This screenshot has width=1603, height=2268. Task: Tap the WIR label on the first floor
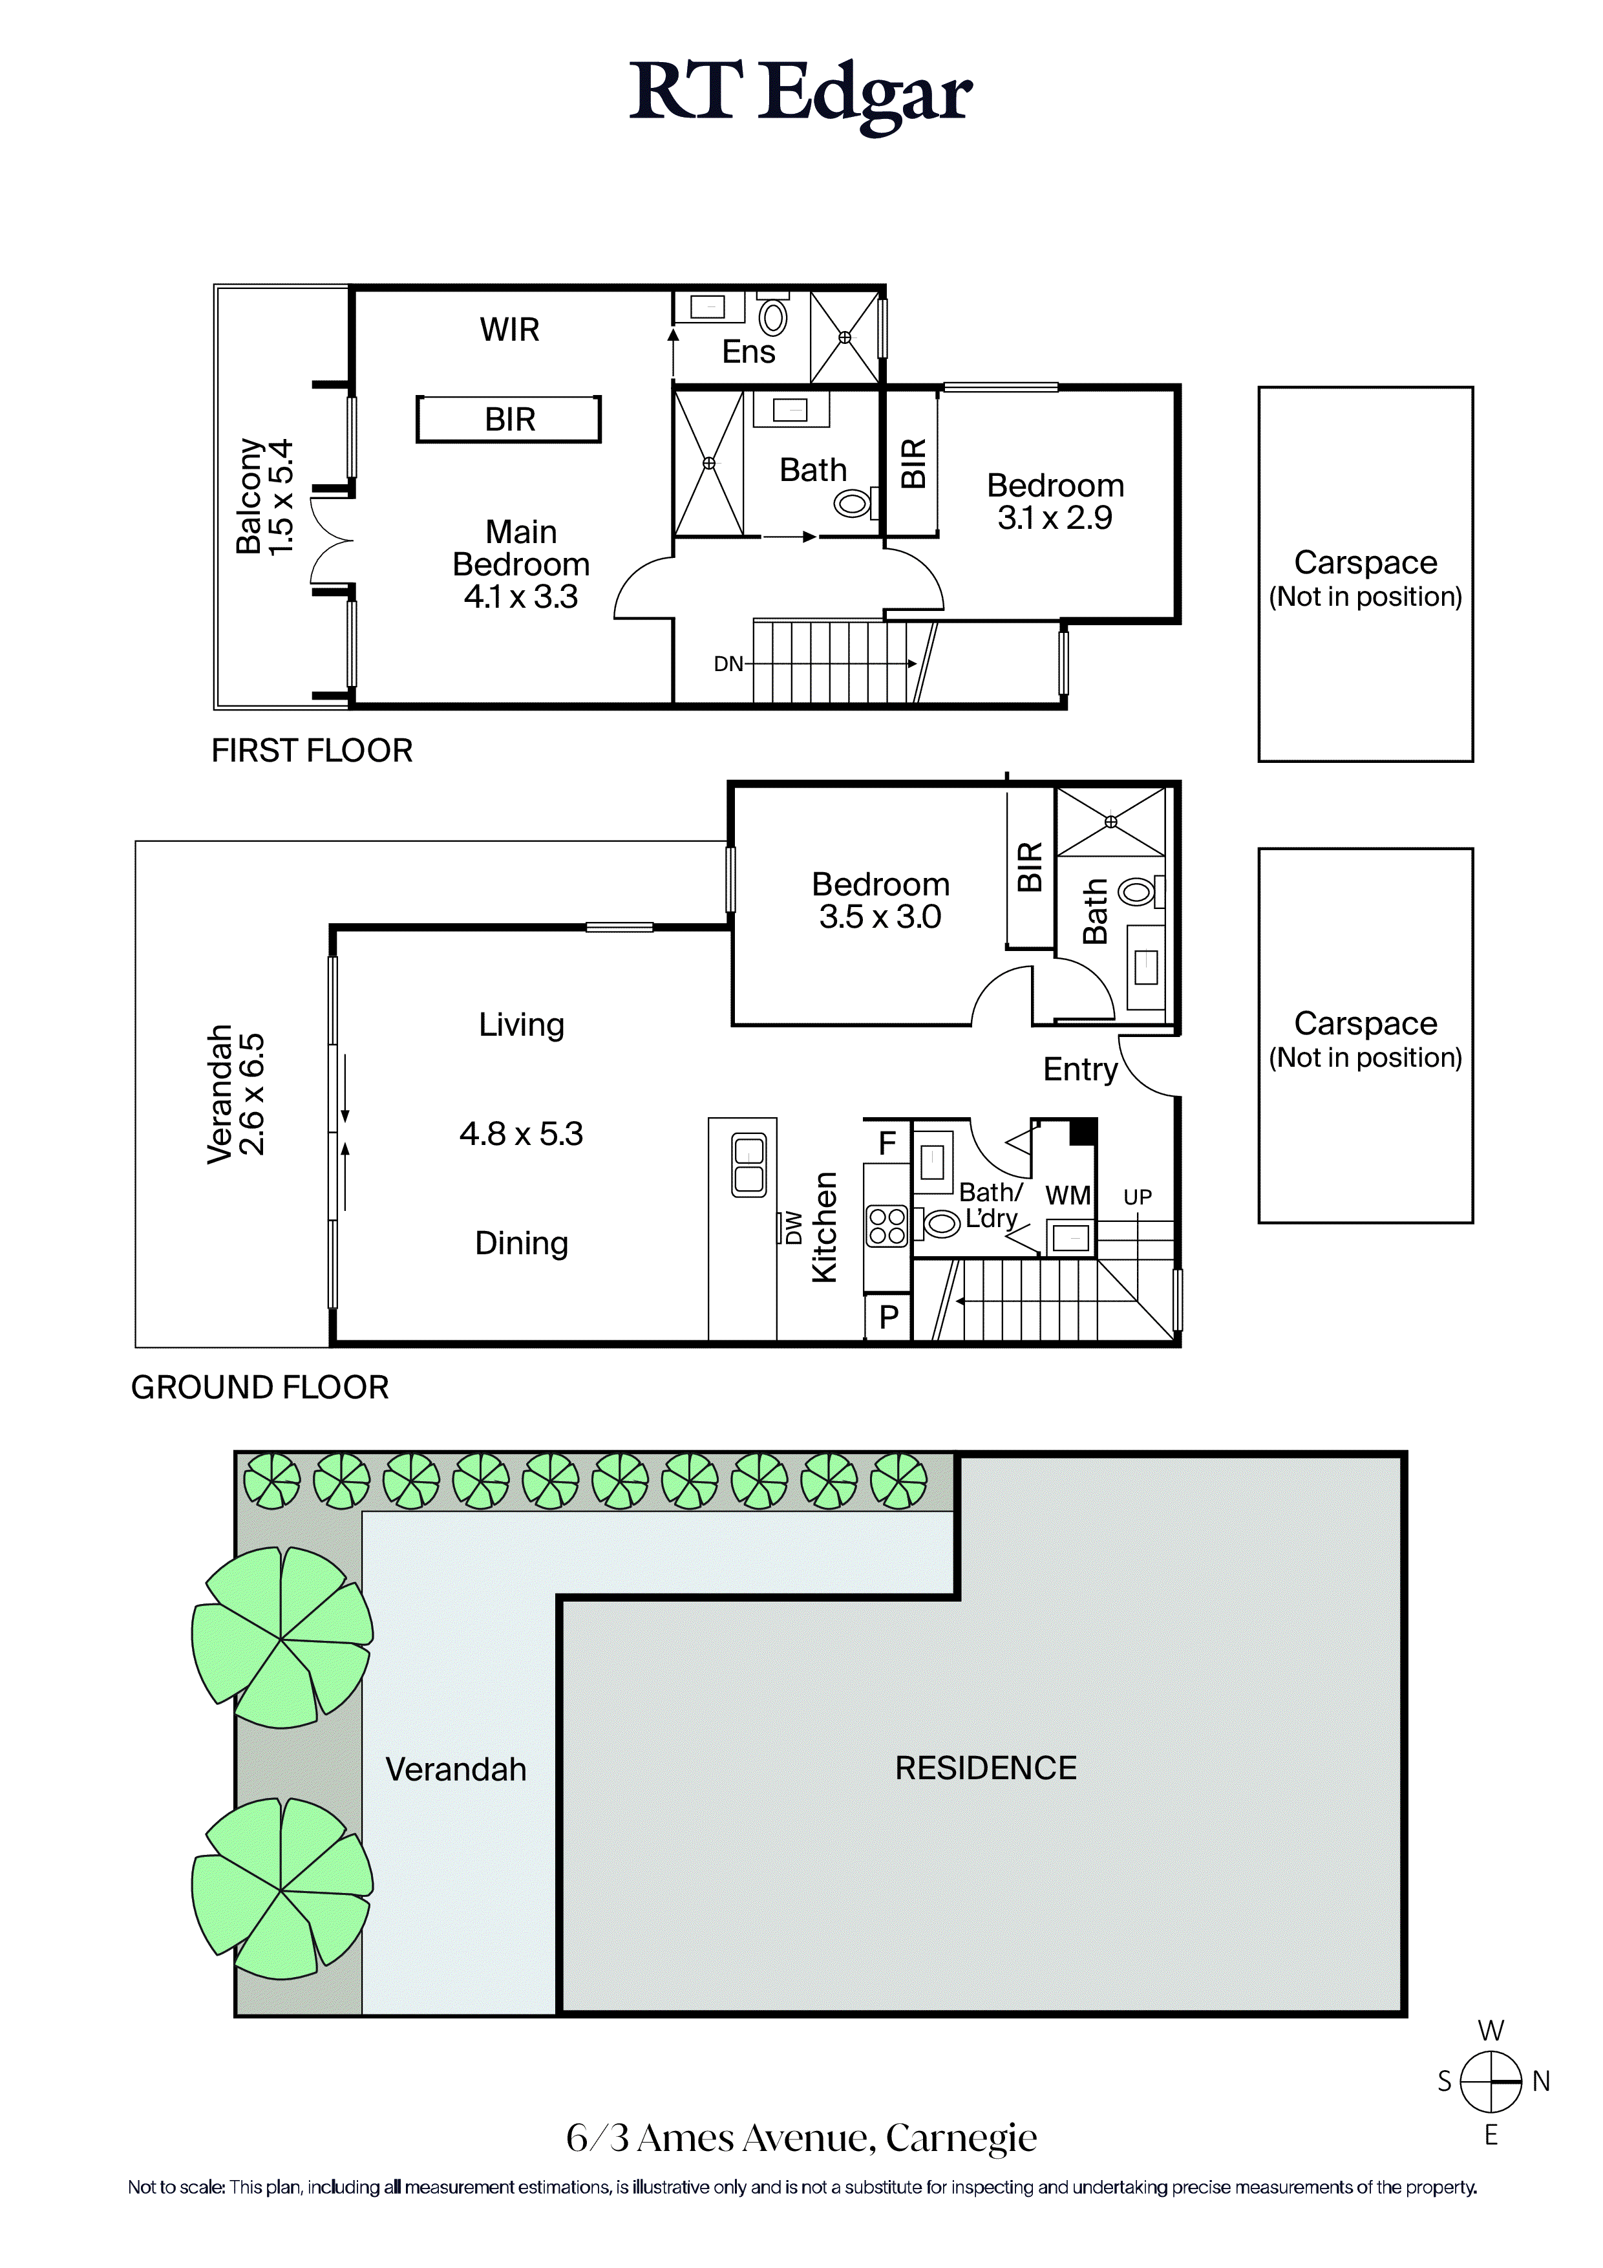[x=509, y=330]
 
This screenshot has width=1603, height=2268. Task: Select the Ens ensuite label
[x=748, y=352]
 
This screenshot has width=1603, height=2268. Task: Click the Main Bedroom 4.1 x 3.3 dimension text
[x=522, y=597]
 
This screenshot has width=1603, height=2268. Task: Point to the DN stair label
[x=728, y=664]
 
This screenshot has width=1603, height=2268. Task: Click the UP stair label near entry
[x=1138, y=1197]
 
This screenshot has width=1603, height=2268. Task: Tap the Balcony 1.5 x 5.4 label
[x=265, y=497]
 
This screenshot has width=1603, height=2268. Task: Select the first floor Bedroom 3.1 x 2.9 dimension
[x=1055, y=518]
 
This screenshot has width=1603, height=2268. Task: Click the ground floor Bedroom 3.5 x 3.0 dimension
[x=880, y=917]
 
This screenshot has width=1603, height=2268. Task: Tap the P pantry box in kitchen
[x=888, y=1317]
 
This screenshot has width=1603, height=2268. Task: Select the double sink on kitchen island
[x=750, y=1164]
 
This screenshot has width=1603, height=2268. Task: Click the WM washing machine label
[x=1068, y=1195]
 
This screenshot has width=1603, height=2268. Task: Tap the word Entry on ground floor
[x=1081, y=1070]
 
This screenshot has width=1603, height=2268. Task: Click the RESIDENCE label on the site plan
[x=986, y=1768]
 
